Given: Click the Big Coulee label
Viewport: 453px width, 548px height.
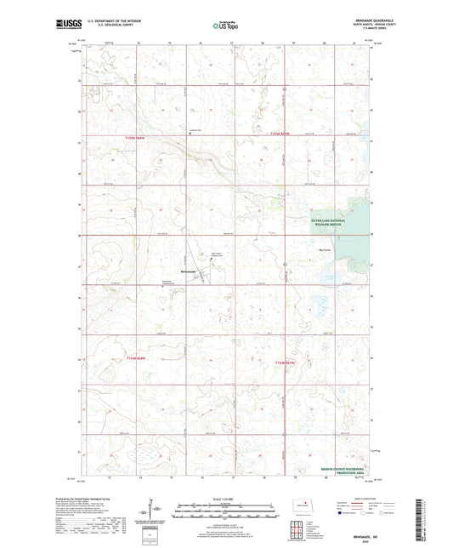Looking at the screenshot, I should [324, 249].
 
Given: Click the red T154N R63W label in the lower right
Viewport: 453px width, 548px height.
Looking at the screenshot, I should [287, 364].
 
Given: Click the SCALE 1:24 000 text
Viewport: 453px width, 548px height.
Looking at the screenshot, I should [225, 498].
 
